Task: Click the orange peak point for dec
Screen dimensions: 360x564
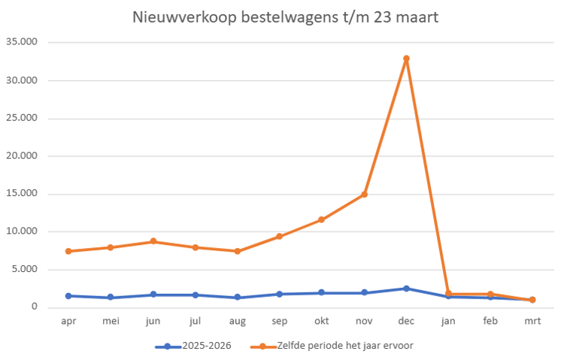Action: (x=406, y=59)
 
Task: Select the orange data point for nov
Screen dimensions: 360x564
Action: (x=364, y=194)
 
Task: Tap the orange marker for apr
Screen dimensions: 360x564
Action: (x=68, y=251)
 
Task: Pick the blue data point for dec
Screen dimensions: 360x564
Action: (x=406, y=289)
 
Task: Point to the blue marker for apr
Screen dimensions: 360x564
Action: (x=68, y=296)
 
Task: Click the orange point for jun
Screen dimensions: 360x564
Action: (x=153, y=241)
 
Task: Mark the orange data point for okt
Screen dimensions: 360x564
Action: (x=322, y=219)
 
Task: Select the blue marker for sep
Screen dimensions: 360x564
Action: (x=279, y=294)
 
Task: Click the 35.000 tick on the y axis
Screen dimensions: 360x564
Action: (x=23, y=42)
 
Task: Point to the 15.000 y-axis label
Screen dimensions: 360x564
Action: (x=23, y=194)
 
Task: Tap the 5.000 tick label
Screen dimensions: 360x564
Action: (x=26, y=270)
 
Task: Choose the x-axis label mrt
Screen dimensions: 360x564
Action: (x=532, y=320)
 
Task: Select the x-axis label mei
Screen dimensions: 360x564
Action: (x=111, y=320)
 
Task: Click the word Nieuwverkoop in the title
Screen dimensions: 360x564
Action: (x=176, y=17)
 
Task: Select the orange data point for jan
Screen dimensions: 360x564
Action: (x=448, y=294)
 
